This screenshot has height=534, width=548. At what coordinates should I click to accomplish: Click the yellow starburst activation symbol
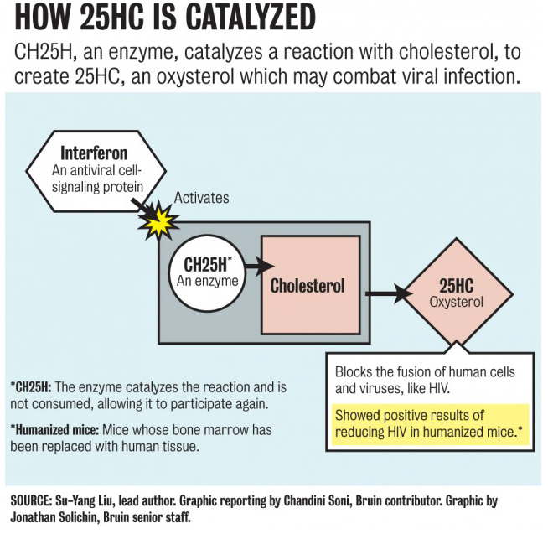pos(159,220)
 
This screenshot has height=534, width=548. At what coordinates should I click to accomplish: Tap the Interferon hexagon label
pos(94,153)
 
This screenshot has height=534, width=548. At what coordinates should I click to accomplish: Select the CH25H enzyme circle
pos(207,272)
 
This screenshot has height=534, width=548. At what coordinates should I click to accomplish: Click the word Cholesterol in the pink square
pos(308,285)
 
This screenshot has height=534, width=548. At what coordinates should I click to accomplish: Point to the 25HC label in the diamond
pos(456,286)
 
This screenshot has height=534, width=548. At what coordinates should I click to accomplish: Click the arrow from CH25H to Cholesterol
pos(260,267)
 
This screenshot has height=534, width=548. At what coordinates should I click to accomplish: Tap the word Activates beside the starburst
pos(202,198)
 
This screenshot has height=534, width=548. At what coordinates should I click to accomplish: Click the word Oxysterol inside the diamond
pos(456,302)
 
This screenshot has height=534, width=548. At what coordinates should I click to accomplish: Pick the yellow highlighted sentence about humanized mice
pos(430,424)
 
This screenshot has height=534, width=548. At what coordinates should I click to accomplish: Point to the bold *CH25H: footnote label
pos(31,387)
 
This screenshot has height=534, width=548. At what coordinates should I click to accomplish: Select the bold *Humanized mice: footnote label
pos(54,430)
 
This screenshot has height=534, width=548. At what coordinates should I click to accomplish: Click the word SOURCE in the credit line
pos(31,500)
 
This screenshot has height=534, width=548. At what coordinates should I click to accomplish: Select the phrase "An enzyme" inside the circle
pos(207,281)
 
